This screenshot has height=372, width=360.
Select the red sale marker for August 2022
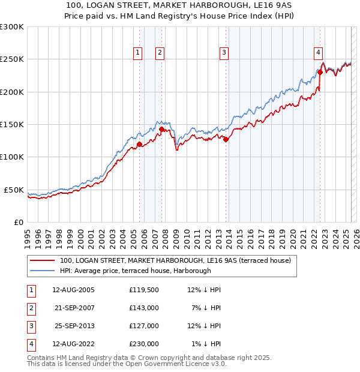point(320,72)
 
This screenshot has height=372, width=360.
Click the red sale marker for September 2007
point(162,128)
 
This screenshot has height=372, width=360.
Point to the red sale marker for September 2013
point(226,139)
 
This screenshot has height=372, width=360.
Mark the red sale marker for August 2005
point(139,144)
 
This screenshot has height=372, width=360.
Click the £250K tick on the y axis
point(12,59)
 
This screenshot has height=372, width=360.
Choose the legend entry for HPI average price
point(136,271)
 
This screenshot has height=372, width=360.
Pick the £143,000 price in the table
point(143,308)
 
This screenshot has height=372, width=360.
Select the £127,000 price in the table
point(143,326)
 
